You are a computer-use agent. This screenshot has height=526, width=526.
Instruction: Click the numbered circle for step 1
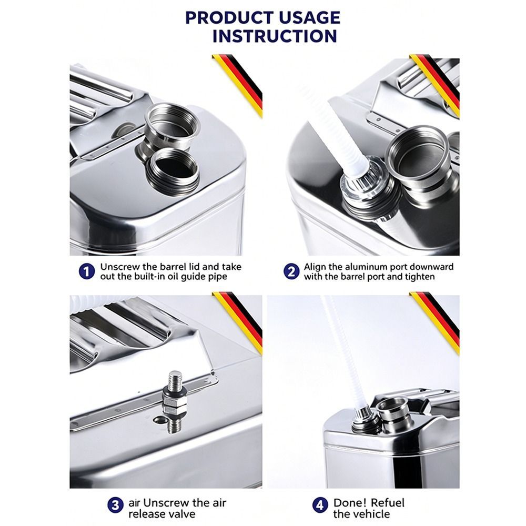87,271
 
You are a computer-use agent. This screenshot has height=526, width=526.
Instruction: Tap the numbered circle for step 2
291,271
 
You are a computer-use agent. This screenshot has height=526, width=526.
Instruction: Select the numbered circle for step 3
115,505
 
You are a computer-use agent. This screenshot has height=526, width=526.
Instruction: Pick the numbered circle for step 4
320,505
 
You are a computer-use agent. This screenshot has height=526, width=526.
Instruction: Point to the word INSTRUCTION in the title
275,36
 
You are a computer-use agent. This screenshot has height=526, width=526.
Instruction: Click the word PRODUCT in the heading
229,18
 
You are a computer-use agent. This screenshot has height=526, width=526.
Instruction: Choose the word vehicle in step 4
372,514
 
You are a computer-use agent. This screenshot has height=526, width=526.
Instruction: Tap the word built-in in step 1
150,277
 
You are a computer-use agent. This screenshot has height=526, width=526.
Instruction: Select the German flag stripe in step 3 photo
239,322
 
